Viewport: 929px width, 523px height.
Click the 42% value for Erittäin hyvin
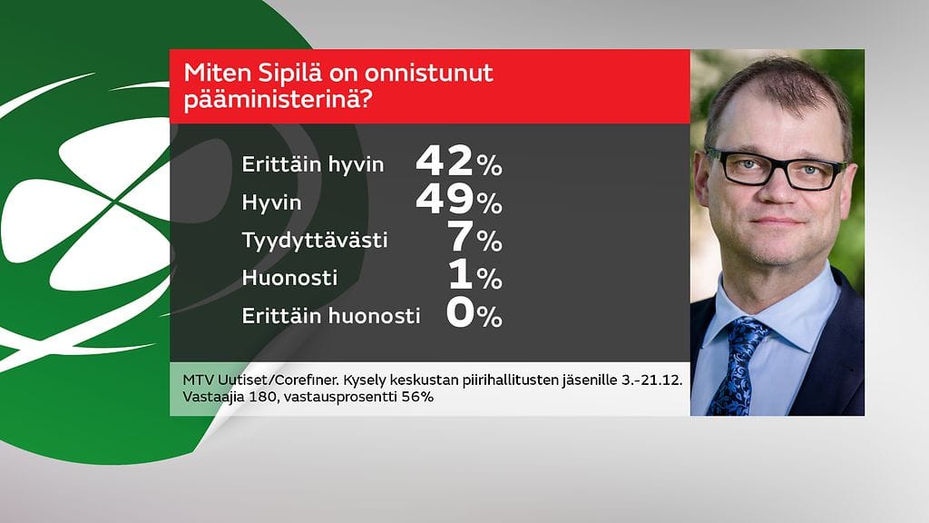(458, 163)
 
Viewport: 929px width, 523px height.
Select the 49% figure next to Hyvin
(458, 201)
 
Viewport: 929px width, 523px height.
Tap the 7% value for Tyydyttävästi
(474, 239)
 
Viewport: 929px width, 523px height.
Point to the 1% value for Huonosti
(474, 276)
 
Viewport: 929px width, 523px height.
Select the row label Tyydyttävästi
(315, 241)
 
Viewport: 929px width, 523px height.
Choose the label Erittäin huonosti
(331, 316)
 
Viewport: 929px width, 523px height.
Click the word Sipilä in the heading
(270, 73)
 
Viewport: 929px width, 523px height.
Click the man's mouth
(777, 221)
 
